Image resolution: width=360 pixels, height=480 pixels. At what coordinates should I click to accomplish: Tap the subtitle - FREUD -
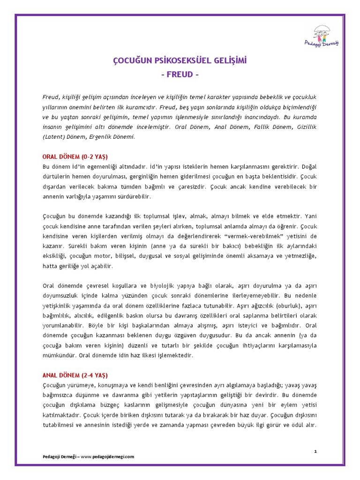pyautogui.click(x=180, y=75)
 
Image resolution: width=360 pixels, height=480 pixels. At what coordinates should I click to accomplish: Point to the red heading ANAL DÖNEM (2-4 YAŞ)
pyautogui.click(x=75, y=375)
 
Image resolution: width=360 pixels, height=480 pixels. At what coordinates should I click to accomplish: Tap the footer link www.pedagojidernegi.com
pyautogui.click(x=107, y=456)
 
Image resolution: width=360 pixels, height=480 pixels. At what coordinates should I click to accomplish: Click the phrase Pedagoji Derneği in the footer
pyautogui.click(x=60, y=456)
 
